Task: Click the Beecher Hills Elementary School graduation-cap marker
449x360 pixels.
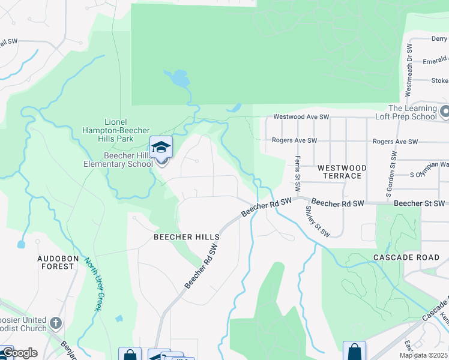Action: (161, 148)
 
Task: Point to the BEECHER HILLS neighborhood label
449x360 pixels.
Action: (187, 237)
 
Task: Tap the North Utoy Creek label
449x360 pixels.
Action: (92, 284)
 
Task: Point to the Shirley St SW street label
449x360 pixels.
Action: (318, 221)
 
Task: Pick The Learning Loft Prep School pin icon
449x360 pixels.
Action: (444, 112)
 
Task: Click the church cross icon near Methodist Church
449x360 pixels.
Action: (56, 323)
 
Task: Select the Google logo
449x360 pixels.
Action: (19, 353)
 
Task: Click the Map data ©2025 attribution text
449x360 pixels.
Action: (423, 355)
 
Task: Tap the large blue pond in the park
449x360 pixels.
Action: (178, 78)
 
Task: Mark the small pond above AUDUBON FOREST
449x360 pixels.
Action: (22, 244)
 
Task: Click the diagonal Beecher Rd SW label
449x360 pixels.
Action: (202, 265)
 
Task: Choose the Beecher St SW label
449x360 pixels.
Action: (421, 204)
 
